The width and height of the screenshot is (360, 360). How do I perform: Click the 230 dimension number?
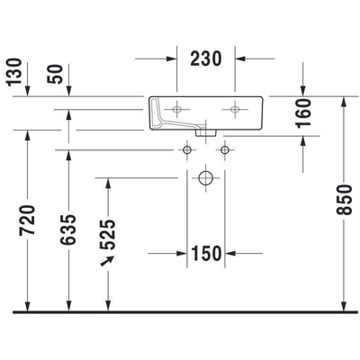[207, 59]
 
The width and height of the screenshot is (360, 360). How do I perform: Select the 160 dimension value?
[303, 114]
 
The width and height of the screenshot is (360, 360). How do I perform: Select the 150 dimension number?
[207, 253]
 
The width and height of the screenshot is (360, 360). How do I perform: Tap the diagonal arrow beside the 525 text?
[111, 260]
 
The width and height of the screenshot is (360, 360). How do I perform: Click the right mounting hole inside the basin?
[236, 111]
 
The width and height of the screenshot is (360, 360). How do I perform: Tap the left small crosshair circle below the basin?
[187, 147]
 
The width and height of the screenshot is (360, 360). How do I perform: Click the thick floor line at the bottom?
[180, 312]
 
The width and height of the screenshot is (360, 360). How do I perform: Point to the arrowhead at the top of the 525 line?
[109, 181]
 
